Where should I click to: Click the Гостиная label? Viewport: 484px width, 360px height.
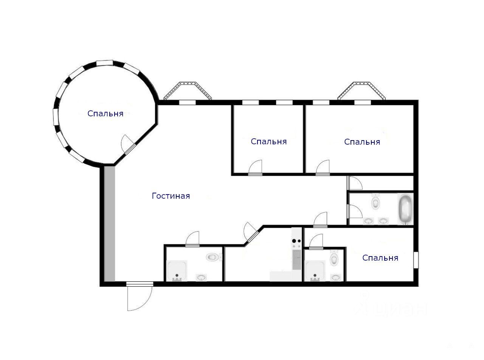point(171,196)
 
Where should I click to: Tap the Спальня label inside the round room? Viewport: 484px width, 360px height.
point(105,113)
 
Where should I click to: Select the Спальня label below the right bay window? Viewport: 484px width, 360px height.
point(362,142)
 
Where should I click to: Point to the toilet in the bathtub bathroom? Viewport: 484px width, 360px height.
point(375,202)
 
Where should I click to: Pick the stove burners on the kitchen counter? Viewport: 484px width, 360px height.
point(296,241)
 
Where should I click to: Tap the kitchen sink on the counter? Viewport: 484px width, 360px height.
point(296,260)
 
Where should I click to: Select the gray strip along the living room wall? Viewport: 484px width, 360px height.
point(109,224)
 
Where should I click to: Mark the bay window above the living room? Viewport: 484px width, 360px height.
point(188,91)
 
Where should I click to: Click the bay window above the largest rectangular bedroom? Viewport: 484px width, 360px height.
point(361,91)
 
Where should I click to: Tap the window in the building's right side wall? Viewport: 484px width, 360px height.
point(416,260)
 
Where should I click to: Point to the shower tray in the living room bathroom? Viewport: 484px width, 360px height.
point(177,270)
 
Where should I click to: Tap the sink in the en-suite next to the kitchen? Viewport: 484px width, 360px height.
point(335,277)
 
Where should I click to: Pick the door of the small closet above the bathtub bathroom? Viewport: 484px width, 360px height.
point(354,183)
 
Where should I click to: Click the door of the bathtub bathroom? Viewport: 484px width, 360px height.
point(354,211)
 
